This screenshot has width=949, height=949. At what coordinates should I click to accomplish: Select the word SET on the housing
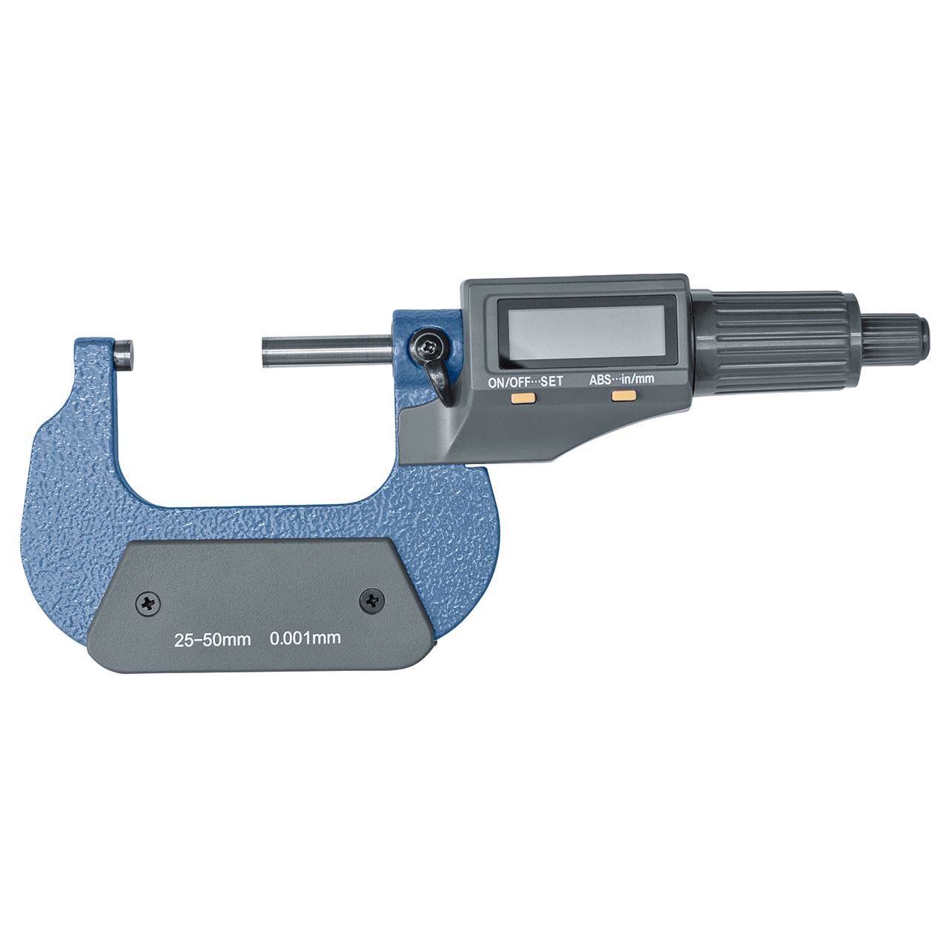click(552, 381)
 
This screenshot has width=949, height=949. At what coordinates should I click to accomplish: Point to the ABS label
click(600, 380)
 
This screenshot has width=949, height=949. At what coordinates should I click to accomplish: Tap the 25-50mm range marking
click(212, 640)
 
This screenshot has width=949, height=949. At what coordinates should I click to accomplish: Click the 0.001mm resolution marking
click(305, 638)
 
